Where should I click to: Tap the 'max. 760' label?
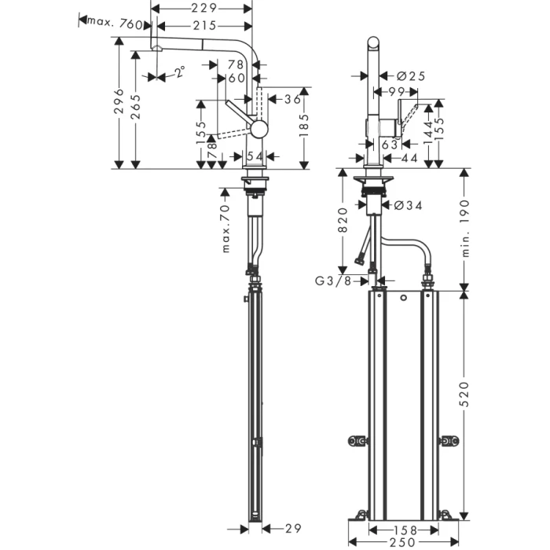point(115,23)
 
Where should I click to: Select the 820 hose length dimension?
point(343,221)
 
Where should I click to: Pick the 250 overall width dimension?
point(407,544)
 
